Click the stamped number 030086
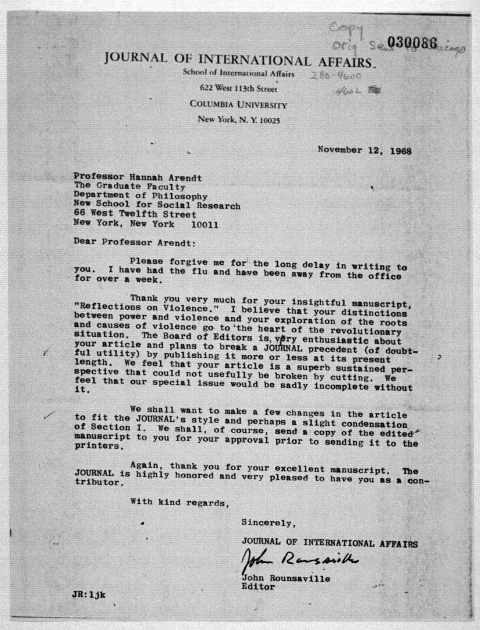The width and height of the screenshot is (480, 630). tap(412, 43)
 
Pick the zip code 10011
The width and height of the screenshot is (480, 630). tap(205, 225)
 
